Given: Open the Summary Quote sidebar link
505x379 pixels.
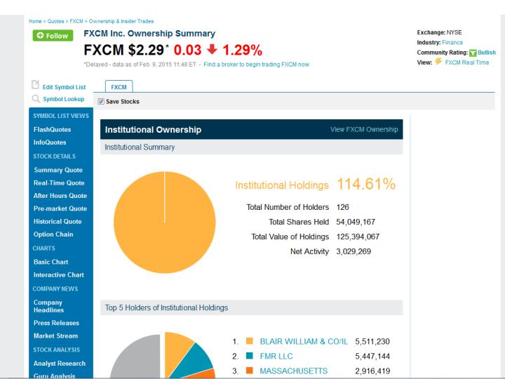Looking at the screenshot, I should click(58, 170).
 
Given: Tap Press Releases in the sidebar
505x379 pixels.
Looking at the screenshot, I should click(57, 323).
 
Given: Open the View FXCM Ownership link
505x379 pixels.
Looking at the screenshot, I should click(363, 130).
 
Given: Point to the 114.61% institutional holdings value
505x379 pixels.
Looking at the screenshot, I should click(367, 185).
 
